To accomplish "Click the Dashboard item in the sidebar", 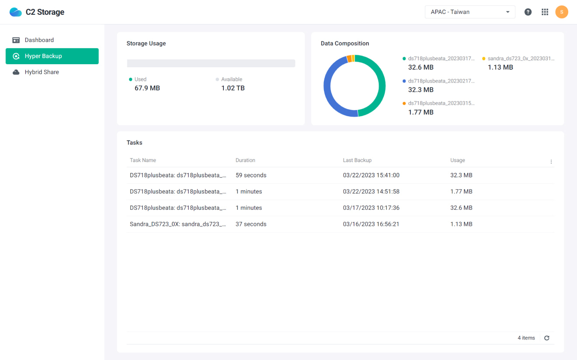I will tap(39, 40).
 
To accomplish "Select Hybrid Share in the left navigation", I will tap(42, 72).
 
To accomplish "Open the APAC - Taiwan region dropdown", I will tap(470, 12).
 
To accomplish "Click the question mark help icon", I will tap(528, 12).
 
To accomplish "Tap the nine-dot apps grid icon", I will tap(545, 12).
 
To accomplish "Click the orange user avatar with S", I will tap(562, 12).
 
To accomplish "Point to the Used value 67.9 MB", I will tap(147, 88).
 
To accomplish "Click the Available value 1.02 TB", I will tap(233, 88).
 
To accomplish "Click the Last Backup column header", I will tap(357, 160).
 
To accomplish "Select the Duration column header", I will tap(245, 160).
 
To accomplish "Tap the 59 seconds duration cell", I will tap(251, 175).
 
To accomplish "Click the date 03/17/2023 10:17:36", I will tap(371, 208).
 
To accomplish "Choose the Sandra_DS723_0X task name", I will tap(178, 224).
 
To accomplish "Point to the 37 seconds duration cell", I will tap(251, 224).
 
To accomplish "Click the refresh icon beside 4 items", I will tap(546, 338).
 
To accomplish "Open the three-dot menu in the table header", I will tap(551, 162).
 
